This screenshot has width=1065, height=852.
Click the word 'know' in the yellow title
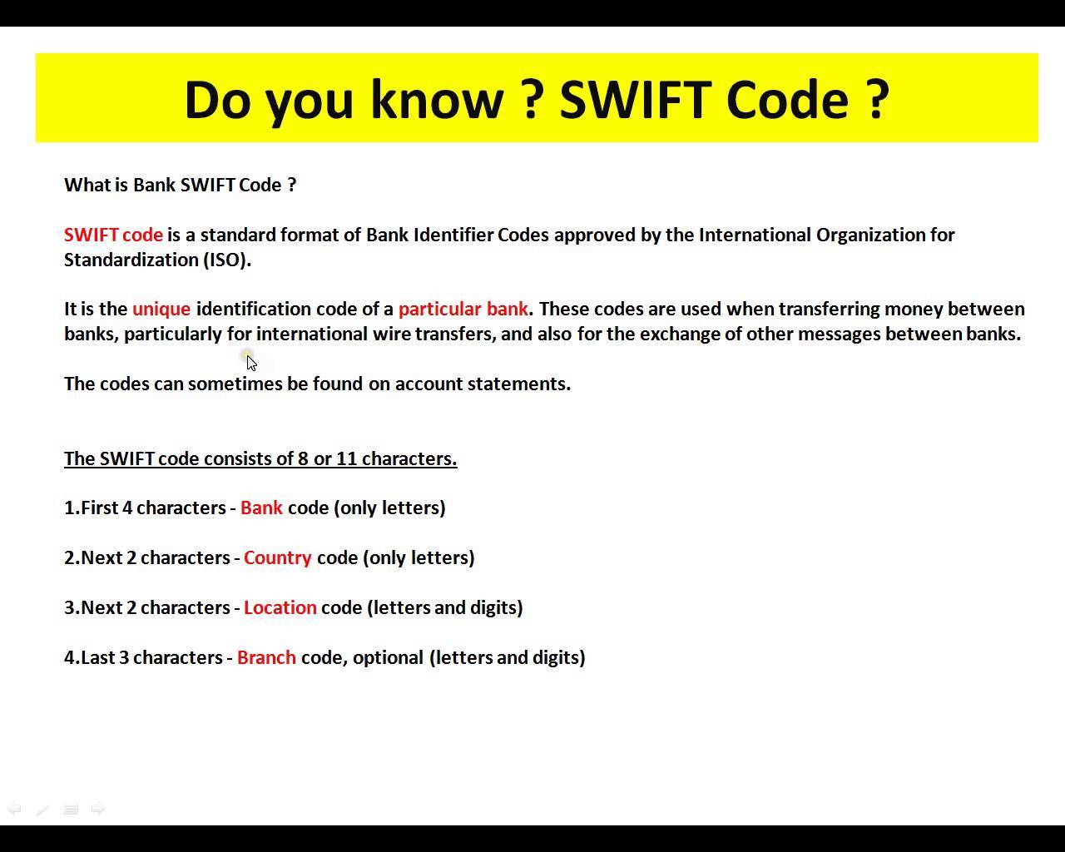[x=436, y=99]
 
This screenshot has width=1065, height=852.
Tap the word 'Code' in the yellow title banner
[x=786, y=99]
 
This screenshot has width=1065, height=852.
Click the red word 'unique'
[x=161, y=310]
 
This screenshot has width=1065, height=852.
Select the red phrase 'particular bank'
[x=463, y=310]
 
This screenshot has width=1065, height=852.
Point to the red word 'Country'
[x=278, y=557]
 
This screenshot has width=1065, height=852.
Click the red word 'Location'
[x=280, y=607]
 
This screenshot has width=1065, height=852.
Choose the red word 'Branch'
[x=266, y=657]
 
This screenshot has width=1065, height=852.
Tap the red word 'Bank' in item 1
[x=261, y=508]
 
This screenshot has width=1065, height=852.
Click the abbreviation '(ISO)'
[x=227, y=260]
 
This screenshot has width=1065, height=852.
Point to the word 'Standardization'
[x=131, y=260]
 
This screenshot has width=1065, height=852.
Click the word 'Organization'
[x=870, y=235]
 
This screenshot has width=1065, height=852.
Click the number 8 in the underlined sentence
[x=303, y=458]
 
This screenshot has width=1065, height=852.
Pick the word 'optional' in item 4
[x=388, y=657]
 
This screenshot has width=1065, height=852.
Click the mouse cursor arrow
[x=250, y=362]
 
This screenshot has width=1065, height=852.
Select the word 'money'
[x=913, y=310]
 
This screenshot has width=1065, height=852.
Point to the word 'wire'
[x=391, y=334]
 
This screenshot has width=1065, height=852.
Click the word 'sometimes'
[x=235, y=384]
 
